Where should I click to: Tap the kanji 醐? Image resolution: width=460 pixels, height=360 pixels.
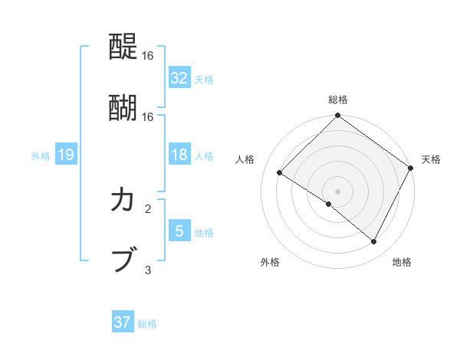[123, 107]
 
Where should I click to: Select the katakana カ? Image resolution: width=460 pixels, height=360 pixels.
[123, 201]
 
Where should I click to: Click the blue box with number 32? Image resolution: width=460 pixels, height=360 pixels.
[179, 77]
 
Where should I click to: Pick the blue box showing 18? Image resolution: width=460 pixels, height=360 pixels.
[179, 155]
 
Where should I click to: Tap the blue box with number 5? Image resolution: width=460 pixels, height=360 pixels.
[179, 231]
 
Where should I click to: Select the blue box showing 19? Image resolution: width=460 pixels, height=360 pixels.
[65, 155]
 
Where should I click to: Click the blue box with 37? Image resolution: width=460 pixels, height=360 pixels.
[123, 322]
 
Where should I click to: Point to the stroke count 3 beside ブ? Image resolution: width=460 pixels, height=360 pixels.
[148, 270]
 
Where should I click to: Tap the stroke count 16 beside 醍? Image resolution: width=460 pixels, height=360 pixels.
[148, 56]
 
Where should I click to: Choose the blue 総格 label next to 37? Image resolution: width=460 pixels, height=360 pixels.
[147, 324]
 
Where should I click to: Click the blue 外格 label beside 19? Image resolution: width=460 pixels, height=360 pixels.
[41, 156]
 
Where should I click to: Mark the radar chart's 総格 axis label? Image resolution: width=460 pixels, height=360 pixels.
[338, 100]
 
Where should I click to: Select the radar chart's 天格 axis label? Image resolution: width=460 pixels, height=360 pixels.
[431, 159]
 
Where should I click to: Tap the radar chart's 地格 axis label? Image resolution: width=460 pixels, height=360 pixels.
[402, 262]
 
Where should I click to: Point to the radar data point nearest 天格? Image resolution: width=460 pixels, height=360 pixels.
[411, 168]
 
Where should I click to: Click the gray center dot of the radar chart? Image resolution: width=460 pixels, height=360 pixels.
[338, 191]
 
